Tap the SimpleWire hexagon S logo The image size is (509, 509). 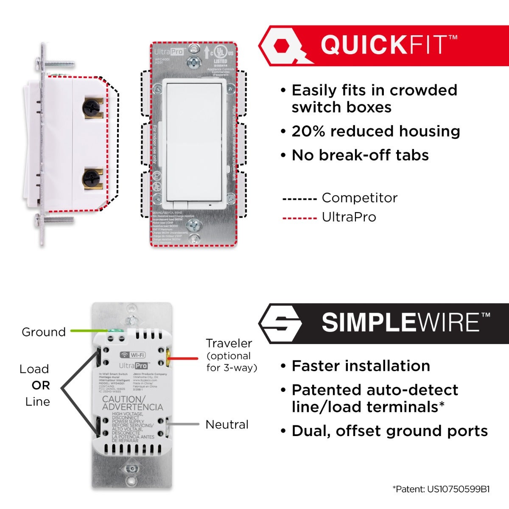click(x=280, y=323)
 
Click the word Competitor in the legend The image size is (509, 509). click(x=359, y=198)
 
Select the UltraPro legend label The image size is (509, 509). click(x=349, y=217)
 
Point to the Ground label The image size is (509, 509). click(x=44, y=332)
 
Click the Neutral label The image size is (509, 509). click(x=227, y=425)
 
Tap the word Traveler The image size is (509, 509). click(x=229, y=343)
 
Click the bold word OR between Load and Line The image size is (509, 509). click(x=41, y=386)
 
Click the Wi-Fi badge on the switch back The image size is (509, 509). click(x=133, y=355)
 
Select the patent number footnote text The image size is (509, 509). click(x=441, y=489)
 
